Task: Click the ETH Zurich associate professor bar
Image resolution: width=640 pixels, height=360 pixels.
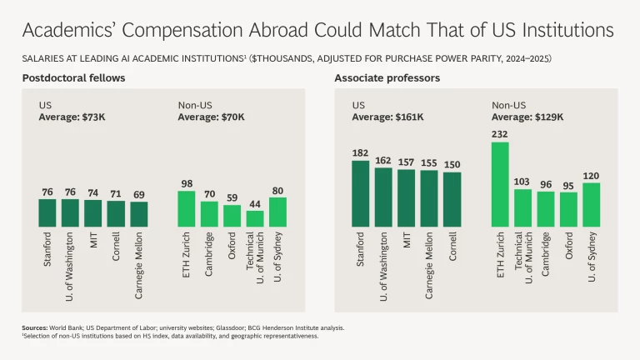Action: (x=500, y=184)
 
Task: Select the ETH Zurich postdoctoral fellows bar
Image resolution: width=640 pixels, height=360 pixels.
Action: (x=187, y=209)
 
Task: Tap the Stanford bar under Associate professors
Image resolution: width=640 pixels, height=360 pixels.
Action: (x=360, y=193)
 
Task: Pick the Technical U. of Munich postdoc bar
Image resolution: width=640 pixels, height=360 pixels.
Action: (x=255, y=218)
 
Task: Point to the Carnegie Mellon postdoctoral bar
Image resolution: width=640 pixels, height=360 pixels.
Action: (x=138, y=214)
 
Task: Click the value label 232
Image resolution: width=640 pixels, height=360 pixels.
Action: (x=500, y=134)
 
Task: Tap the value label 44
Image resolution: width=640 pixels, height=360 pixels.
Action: (x=255, y=203)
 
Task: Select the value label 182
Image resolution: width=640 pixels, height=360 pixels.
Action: (x=360, y=153)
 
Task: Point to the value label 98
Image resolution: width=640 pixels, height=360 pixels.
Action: (x=187, y=184)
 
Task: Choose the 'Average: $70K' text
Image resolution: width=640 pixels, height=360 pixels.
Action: (x=211, y=117)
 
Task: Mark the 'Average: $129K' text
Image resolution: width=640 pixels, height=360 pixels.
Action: (x=527, y=117)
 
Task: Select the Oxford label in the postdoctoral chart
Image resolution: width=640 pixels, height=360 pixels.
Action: (x=232, y=247)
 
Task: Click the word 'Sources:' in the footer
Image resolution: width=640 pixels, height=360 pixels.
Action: (x=34, y=328)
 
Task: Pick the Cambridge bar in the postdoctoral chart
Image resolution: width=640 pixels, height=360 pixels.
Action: (x=209, y=214)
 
